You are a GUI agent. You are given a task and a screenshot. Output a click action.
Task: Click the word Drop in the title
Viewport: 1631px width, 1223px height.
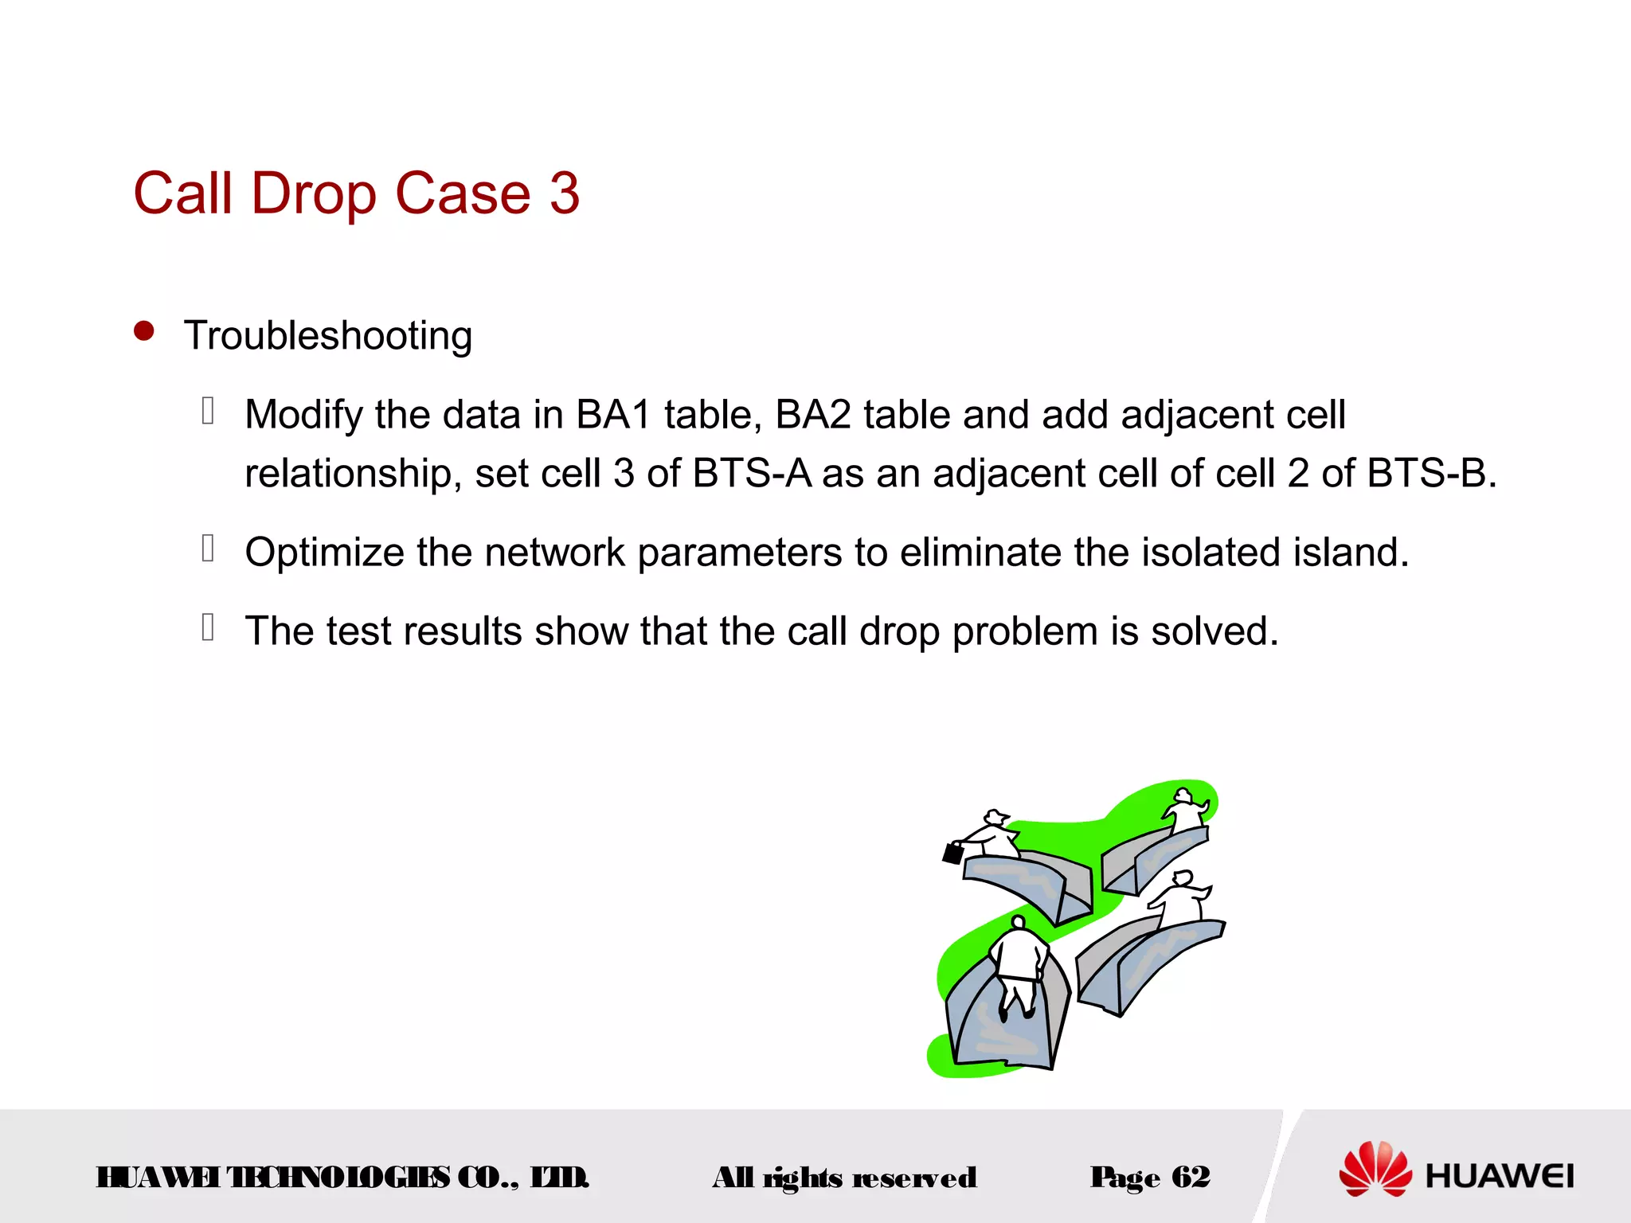click(x=314, y=193)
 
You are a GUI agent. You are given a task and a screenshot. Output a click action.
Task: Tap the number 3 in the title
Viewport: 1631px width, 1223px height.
click(x=564, y=193)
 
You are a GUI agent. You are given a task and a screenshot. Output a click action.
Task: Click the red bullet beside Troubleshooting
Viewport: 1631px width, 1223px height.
click(x=144, y=330)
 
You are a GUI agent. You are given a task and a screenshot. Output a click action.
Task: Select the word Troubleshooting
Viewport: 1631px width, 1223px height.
click(x=328, y=335)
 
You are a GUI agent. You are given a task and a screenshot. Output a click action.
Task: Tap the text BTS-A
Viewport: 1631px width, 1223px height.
click(x=752, y=473)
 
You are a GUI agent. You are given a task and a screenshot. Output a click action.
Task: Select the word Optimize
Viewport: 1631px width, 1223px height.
click(x=324, y=553)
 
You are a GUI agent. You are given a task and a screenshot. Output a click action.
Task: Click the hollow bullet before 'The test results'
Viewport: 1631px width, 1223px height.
click(x=208, y=627)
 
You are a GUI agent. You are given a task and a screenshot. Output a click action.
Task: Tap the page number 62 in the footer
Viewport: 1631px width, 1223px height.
click(x=1191, y=1177)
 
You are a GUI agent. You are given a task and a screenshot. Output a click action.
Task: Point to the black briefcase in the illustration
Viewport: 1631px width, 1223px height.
click(x=952, y=854)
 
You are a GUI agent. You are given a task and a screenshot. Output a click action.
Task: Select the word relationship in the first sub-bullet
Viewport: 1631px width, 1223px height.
click(x=349, y=474)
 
